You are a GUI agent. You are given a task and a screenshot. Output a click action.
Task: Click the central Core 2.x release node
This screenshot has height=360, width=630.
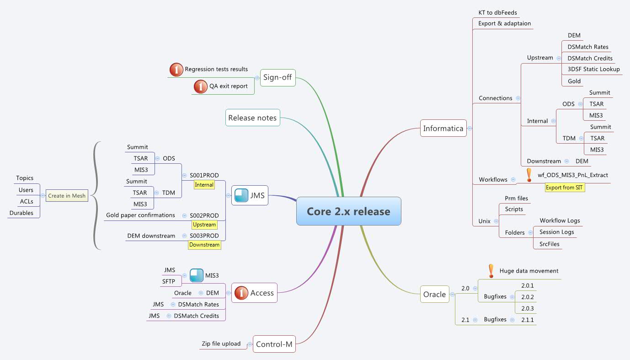348,211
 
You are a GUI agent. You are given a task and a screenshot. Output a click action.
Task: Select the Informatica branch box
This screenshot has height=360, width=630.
443,129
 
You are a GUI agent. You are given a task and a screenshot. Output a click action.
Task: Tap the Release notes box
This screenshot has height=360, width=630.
252,118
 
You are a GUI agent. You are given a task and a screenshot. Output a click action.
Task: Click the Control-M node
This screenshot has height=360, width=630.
274,344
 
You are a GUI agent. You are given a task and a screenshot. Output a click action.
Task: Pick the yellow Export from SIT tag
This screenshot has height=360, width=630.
565,188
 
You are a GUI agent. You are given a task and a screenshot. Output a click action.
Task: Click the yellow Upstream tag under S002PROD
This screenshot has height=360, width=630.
204,225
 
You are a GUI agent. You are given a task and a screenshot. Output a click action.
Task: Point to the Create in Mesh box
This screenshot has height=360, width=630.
67,196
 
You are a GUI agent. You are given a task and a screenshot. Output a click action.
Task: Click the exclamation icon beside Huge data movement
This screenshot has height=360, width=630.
491,271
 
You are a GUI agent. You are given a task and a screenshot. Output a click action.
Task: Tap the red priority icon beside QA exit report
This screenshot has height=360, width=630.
200,86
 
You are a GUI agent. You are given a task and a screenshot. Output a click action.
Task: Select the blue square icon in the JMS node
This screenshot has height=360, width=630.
241,196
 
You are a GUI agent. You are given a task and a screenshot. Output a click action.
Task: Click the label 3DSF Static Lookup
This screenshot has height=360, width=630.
593,70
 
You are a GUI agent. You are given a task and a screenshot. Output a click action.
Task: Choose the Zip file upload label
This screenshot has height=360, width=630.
221,344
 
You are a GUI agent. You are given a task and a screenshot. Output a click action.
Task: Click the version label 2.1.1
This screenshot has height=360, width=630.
528,320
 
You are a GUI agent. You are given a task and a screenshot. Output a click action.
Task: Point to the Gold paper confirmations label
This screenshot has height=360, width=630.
140,215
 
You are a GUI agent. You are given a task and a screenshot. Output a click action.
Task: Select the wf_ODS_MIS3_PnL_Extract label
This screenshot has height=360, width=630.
573,175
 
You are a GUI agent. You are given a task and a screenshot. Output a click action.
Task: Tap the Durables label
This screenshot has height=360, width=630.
21,213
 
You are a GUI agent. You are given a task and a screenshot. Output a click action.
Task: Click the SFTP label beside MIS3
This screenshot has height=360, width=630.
169,282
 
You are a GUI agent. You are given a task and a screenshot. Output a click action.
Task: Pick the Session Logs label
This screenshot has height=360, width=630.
556,232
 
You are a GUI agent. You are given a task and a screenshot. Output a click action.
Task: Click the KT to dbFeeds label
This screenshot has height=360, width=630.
497,13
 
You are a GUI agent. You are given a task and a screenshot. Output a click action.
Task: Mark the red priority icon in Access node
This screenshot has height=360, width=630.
241,293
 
